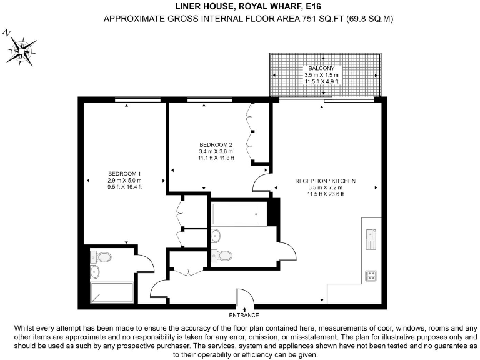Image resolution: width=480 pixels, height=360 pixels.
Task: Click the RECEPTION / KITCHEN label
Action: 325,181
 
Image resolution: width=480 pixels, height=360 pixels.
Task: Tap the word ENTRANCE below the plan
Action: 243,315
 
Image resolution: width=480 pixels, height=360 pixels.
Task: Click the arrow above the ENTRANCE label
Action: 243,309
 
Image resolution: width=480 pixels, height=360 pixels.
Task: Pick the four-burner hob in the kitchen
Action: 371,274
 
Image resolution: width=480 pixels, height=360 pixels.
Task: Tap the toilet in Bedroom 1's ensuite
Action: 102,257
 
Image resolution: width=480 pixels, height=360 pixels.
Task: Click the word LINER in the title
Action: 189,7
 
